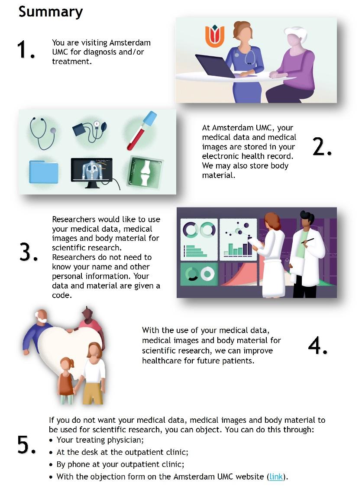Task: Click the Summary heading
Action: pos(51,12)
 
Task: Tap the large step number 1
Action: pos(26,50)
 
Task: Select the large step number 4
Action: pos(317,346)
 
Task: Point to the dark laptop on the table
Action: pos(215,65)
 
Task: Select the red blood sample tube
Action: pos(142,130)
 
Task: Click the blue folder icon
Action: pos(44,172)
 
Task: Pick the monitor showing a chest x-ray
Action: pos(92,173)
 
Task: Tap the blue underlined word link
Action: pos(276,477)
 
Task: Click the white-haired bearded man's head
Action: pos(42,316)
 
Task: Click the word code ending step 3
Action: pos(62,295)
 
